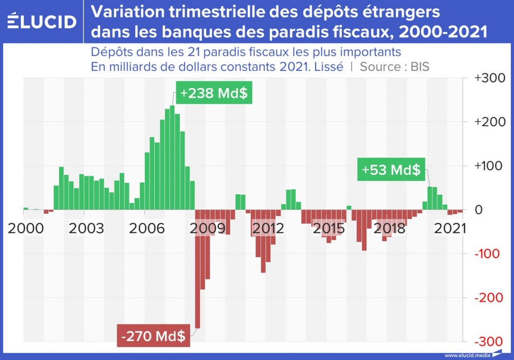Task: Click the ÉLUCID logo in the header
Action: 43,22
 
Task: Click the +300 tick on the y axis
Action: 486,78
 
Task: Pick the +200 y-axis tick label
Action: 486,122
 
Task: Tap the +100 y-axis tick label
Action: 486,166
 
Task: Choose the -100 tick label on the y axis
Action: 486,254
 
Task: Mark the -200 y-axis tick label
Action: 486,298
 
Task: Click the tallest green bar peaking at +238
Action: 172,157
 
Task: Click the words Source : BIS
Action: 395,67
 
